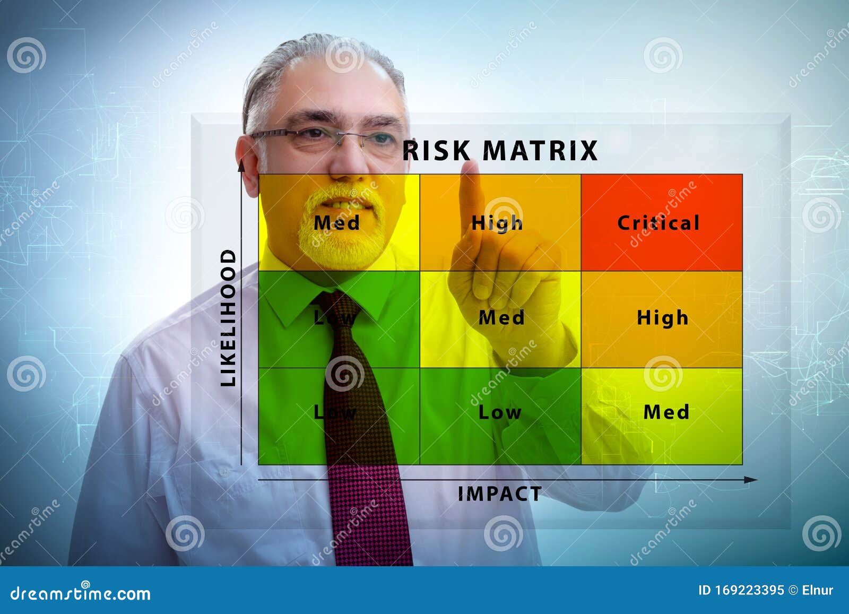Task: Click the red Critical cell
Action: click(661, 223)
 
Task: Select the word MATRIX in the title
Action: click(541, 151)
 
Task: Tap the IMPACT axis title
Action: click(499, 494)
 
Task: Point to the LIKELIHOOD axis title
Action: click(228, 318)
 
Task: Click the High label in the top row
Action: click(497, 223)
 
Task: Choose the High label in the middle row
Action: click(662, 318)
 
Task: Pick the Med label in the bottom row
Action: click(666, 412)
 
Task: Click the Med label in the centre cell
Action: click(501, 318)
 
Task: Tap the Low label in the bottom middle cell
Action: click(500, 412)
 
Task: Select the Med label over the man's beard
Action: click(336, 223)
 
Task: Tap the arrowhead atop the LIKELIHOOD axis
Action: click(241, 165)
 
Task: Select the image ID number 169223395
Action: click(749, 590)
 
